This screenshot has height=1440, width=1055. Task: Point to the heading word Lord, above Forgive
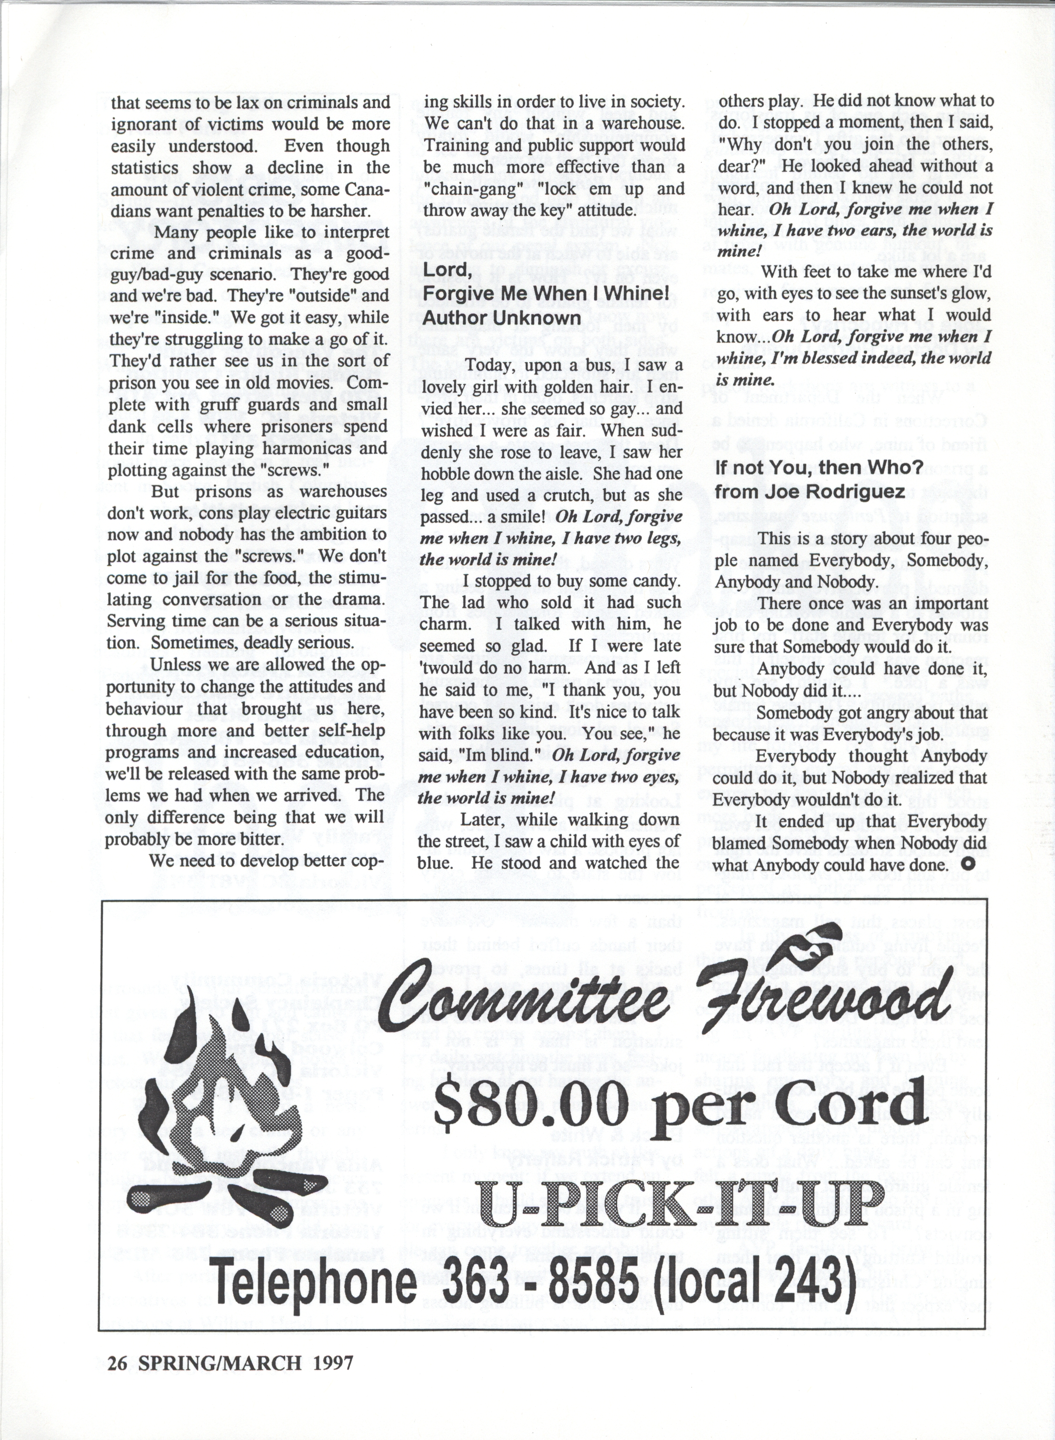(447, 270)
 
